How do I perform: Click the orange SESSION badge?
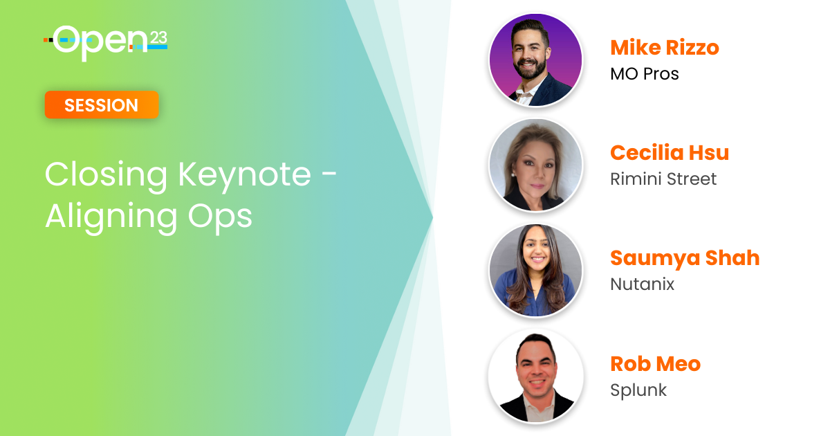click(x=102, y=105)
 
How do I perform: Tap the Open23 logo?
click(x=106, y=43)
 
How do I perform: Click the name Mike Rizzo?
click(x=665, y=48)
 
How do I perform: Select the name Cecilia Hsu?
click(x=670, y=152)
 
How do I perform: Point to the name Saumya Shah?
click(x=685, y=258)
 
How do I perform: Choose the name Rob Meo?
click(x=655, y=364)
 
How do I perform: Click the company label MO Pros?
click(x=645, y=74)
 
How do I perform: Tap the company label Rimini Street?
click(x=663, y=179)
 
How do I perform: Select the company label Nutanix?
click(x=642, y=284)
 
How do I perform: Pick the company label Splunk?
click(x=638, y=390)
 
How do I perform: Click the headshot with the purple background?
click(x=535, y=60)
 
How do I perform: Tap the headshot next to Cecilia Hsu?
click(x=535, y=165)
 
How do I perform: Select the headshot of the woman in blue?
click(x=535, y=271)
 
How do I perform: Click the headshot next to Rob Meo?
click(x=535, y=376)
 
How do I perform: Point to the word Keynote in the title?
click(x=245, y=176)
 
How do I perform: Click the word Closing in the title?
click(x=106, y=176)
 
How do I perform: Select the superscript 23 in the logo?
click(x=158, y=38)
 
